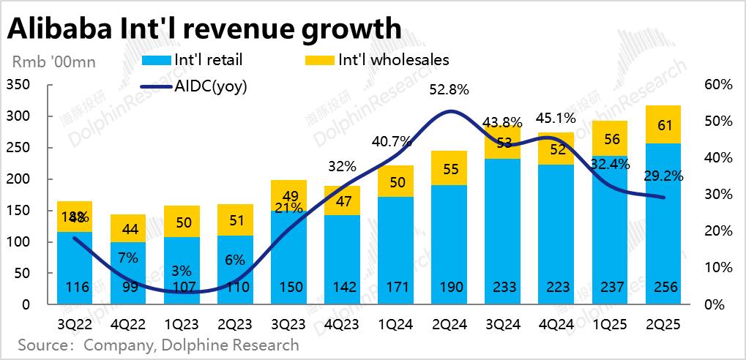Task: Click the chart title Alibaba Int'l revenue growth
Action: click(204, 29)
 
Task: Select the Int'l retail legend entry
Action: click(209, 60)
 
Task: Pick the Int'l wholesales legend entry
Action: click(393, 60)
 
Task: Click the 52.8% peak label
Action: click(449, 90)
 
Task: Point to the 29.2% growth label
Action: click(662, 176)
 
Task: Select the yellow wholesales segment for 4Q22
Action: click(128, 228)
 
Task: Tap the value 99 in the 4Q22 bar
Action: click(128, 287)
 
